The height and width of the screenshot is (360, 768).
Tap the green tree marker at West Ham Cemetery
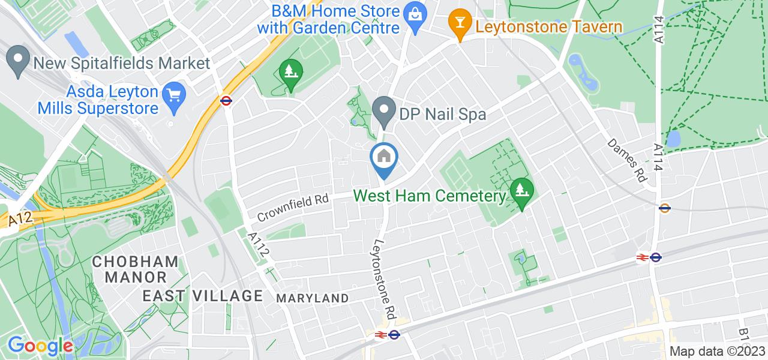[x=521, y=192]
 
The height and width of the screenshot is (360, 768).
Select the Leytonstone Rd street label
[x=385, y=280]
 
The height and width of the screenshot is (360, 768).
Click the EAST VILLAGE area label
[x=203, y=296]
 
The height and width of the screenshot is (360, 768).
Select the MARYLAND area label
[x=312, y=298]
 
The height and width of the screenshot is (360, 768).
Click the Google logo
[x=40, y=346]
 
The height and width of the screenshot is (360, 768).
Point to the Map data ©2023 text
[x=718, y=352]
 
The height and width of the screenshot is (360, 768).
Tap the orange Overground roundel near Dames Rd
[x=664, y=209]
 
